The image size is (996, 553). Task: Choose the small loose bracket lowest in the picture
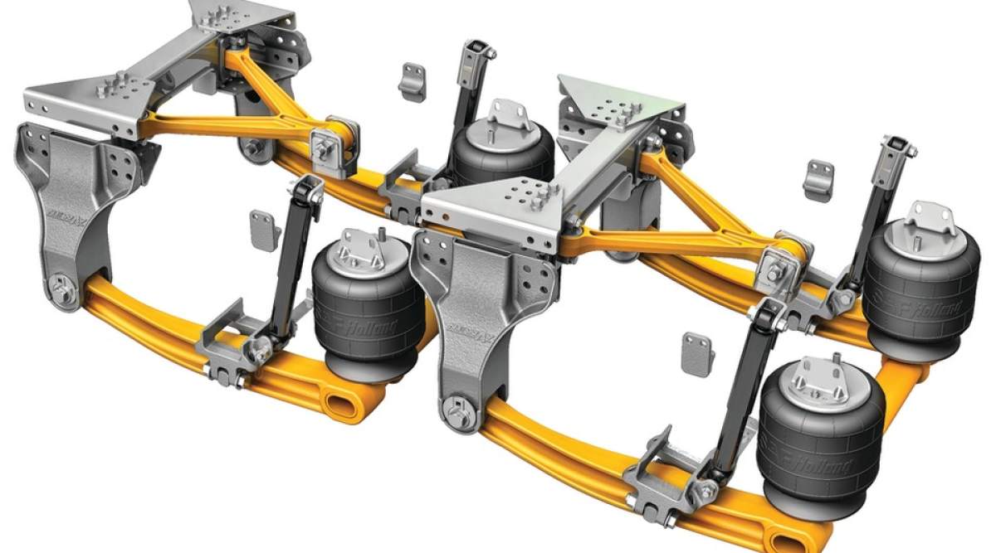pos(697,354)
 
